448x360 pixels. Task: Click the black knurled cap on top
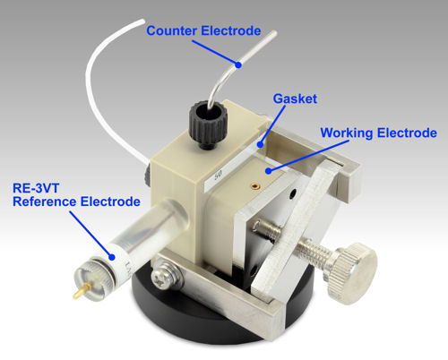[205, 124]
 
